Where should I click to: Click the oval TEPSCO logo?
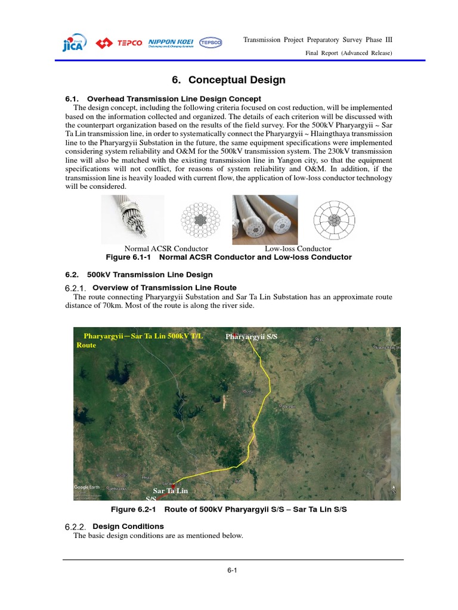coord(209,43)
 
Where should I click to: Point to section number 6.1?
coord(72,98)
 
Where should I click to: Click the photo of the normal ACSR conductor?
coord(132,218)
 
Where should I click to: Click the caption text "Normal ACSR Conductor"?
coord(166,248)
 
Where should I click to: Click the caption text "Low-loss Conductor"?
coord(298,248)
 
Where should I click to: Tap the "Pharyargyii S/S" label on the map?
coord(252,337)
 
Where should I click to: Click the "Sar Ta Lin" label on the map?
coord(170,490)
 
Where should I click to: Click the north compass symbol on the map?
coord(394,489)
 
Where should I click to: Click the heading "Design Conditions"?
coord(128,527)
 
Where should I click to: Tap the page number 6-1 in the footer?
coord(233,570)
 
